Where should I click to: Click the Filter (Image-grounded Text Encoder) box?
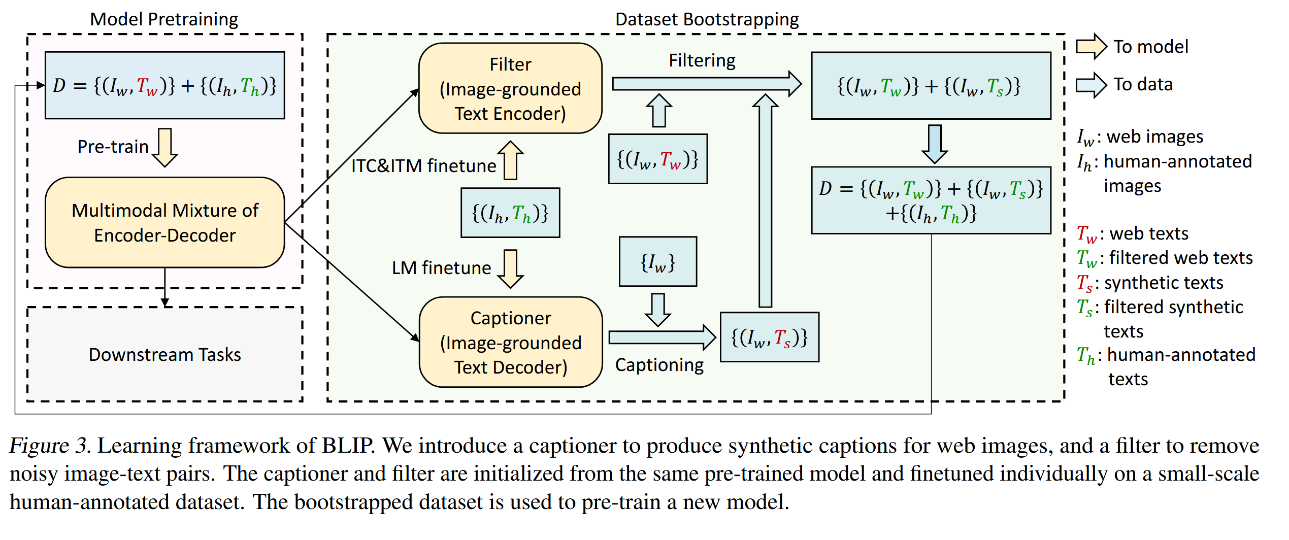pos(510,88)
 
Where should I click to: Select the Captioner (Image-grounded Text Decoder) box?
pos(510,342)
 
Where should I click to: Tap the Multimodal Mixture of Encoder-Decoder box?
pos(164,222)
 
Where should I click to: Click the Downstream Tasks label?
pos(164,354)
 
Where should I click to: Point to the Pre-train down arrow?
pos(165,147)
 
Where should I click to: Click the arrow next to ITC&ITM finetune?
pos(510,160)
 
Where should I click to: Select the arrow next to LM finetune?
pos(510,268)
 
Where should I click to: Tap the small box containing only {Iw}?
pos(657,262)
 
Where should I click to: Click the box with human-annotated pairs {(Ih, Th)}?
pos(510,213)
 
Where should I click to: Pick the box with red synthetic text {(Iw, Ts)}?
pos(769,337)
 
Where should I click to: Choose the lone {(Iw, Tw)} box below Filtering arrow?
pos(657,159)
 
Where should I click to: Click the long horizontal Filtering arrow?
pos(706,84)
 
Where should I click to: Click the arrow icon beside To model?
pos(1091,47)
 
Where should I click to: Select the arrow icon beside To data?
pos(1091,85)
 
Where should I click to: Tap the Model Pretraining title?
pos(164,19)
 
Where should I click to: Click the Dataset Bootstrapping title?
pos(707,19)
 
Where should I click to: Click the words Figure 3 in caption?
pos(50,446)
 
